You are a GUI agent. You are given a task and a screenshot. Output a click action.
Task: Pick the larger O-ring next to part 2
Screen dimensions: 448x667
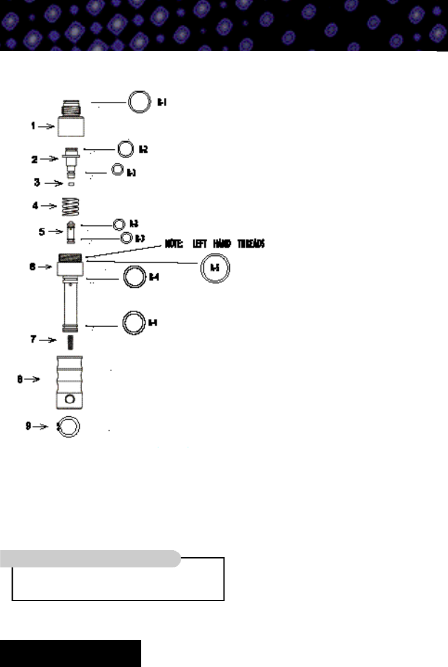click(x=126, y=149)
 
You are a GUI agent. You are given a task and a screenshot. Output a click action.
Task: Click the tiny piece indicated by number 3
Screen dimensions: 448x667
click(x=71, y=184)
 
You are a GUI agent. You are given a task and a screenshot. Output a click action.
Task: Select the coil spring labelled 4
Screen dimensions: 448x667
click(x=71, y=206)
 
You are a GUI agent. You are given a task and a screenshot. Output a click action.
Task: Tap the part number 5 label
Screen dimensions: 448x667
click(x=41, y=232)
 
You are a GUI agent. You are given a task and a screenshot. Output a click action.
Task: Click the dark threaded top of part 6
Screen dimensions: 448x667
click(x=71, y=259)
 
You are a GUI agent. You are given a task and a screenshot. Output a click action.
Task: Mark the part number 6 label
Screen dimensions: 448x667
click(x=33, y=267)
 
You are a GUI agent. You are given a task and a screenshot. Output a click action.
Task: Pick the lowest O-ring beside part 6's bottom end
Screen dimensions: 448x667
click(x=134, y=322)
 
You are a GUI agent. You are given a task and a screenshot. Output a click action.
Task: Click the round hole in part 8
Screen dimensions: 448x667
click(x=71, y=400)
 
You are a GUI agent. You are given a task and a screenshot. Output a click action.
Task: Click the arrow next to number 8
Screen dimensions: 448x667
click(x=32, y=380)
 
